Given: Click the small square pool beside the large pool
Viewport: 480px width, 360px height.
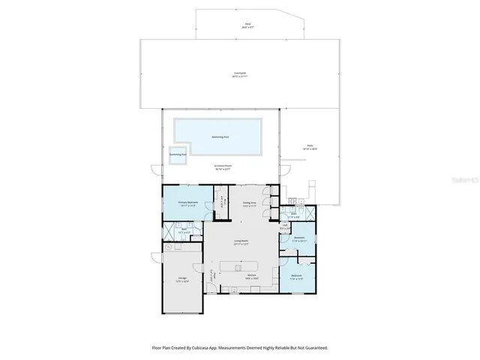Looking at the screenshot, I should (x=177, y=155).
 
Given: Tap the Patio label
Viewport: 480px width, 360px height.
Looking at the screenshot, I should (x=309, y=147).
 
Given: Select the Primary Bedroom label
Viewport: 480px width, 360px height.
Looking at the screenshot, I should (x=187, y=203).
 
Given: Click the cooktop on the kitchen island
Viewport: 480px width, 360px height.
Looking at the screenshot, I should (x=238, y=265).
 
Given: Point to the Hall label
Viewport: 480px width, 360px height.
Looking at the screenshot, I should (x=285, y=224).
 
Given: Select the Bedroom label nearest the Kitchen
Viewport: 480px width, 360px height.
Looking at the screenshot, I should (x=296, y=276).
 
